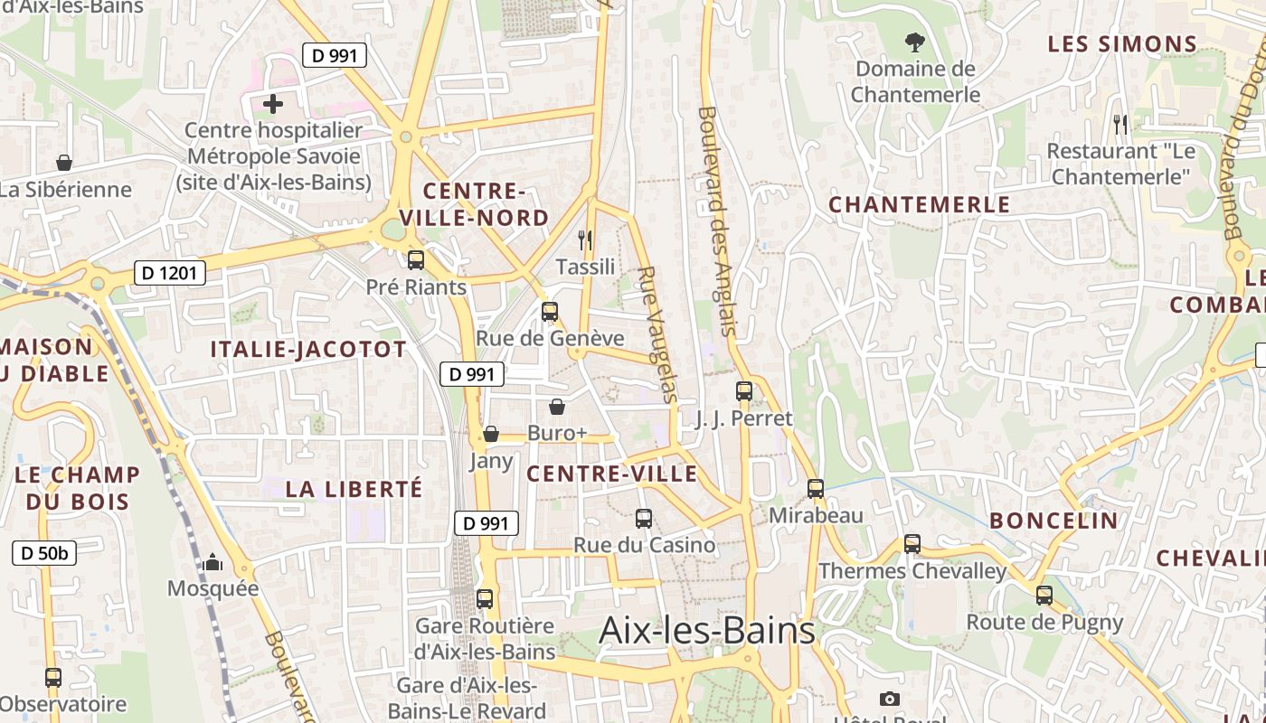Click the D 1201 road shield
170,272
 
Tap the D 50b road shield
44,553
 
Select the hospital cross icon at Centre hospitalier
273,104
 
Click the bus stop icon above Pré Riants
416,260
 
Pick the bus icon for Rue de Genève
550,313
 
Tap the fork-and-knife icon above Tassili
585,239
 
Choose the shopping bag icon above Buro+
557,408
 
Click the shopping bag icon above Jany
491,435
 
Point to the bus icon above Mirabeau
816,489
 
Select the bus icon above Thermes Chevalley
912,544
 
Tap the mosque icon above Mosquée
213,563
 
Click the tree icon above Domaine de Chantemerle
915,42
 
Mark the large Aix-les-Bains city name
707,630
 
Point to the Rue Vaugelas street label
657,334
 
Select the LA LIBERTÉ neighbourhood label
354,489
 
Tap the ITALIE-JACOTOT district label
308,350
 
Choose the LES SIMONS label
1122,43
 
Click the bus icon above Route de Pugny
1044,596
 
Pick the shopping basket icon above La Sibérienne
64,163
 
